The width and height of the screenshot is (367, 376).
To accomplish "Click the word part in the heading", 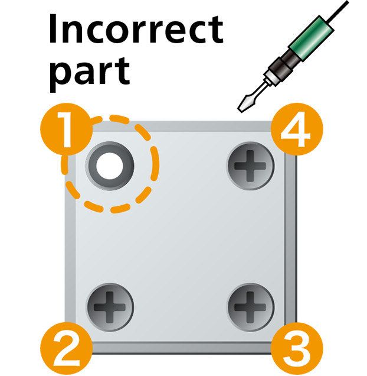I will tap(89, 72).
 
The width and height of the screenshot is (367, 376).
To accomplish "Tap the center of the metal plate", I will tap(180, 236).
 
